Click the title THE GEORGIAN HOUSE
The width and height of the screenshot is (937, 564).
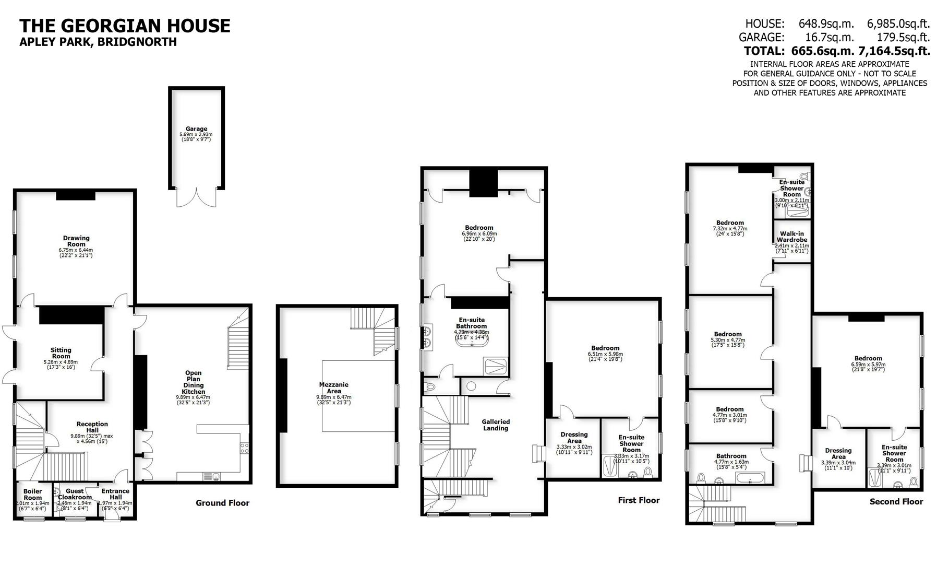click(125, 26)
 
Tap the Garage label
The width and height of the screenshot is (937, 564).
click(196, 129)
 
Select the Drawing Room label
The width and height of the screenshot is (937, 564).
click(76, 241)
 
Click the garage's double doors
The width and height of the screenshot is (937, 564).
click(196, 198)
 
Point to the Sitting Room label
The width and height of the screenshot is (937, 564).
click(61, 353)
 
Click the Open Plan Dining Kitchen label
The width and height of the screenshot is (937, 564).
click(193, 382)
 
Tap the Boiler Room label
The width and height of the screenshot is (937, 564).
click(32, 495)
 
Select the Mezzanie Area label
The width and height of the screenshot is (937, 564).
click(334, 387)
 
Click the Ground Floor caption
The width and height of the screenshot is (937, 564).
click(222, 503)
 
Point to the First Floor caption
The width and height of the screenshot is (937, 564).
click(639, 500)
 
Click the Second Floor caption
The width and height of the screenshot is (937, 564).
click(896, 501)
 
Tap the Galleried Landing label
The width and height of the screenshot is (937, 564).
click(496, 425)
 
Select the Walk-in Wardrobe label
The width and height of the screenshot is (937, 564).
click(791, 237)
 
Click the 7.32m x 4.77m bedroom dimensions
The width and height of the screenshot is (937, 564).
click(730, 229)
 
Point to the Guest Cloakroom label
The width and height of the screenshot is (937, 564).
click(75, 494)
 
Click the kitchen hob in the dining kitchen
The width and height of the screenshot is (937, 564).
click(244, 448)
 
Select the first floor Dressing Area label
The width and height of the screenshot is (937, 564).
click(574, 438)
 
